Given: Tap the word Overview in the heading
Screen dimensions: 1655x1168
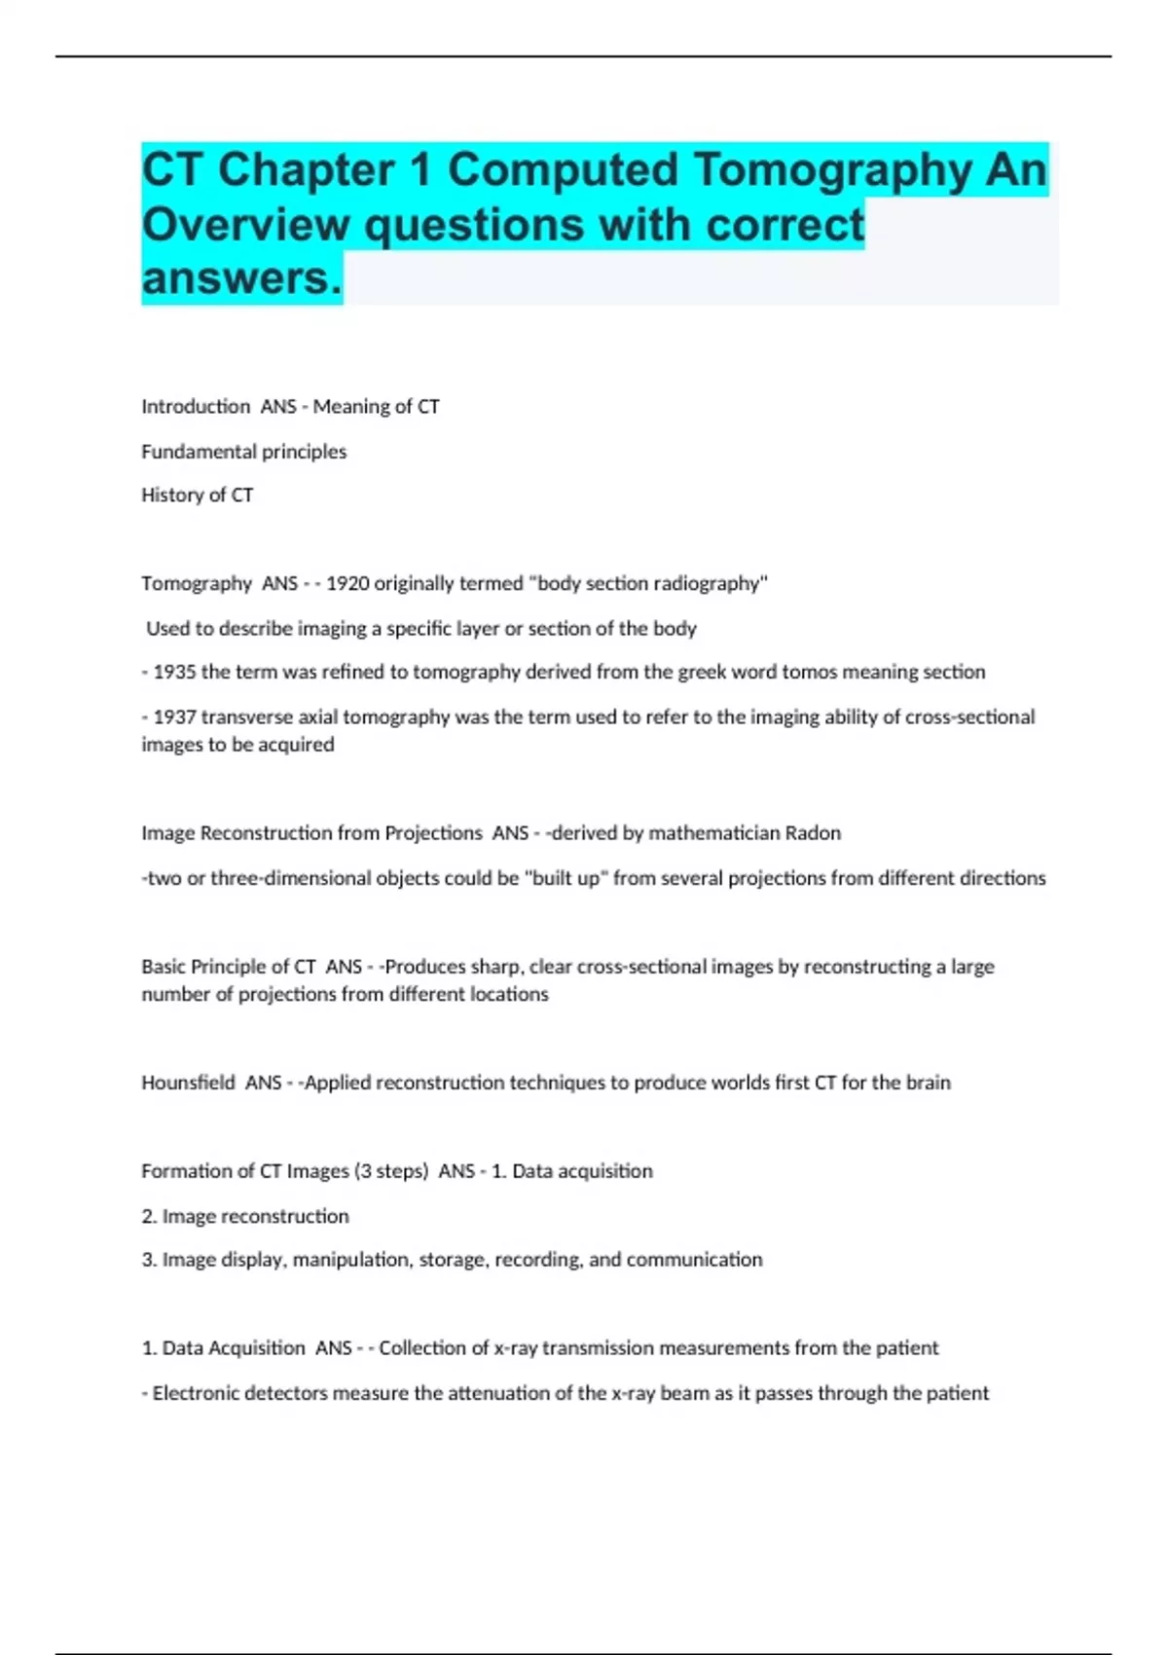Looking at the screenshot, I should [246, 225].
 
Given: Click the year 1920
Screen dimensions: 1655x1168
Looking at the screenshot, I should [347, 583].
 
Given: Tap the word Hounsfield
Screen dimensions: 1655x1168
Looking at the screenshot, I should [188, 1083].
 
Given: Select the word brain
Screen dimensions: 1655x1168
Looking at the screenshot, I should [928, 1083].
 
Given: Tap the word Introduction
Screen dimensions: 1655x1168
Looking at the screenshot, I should [196, 407].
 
